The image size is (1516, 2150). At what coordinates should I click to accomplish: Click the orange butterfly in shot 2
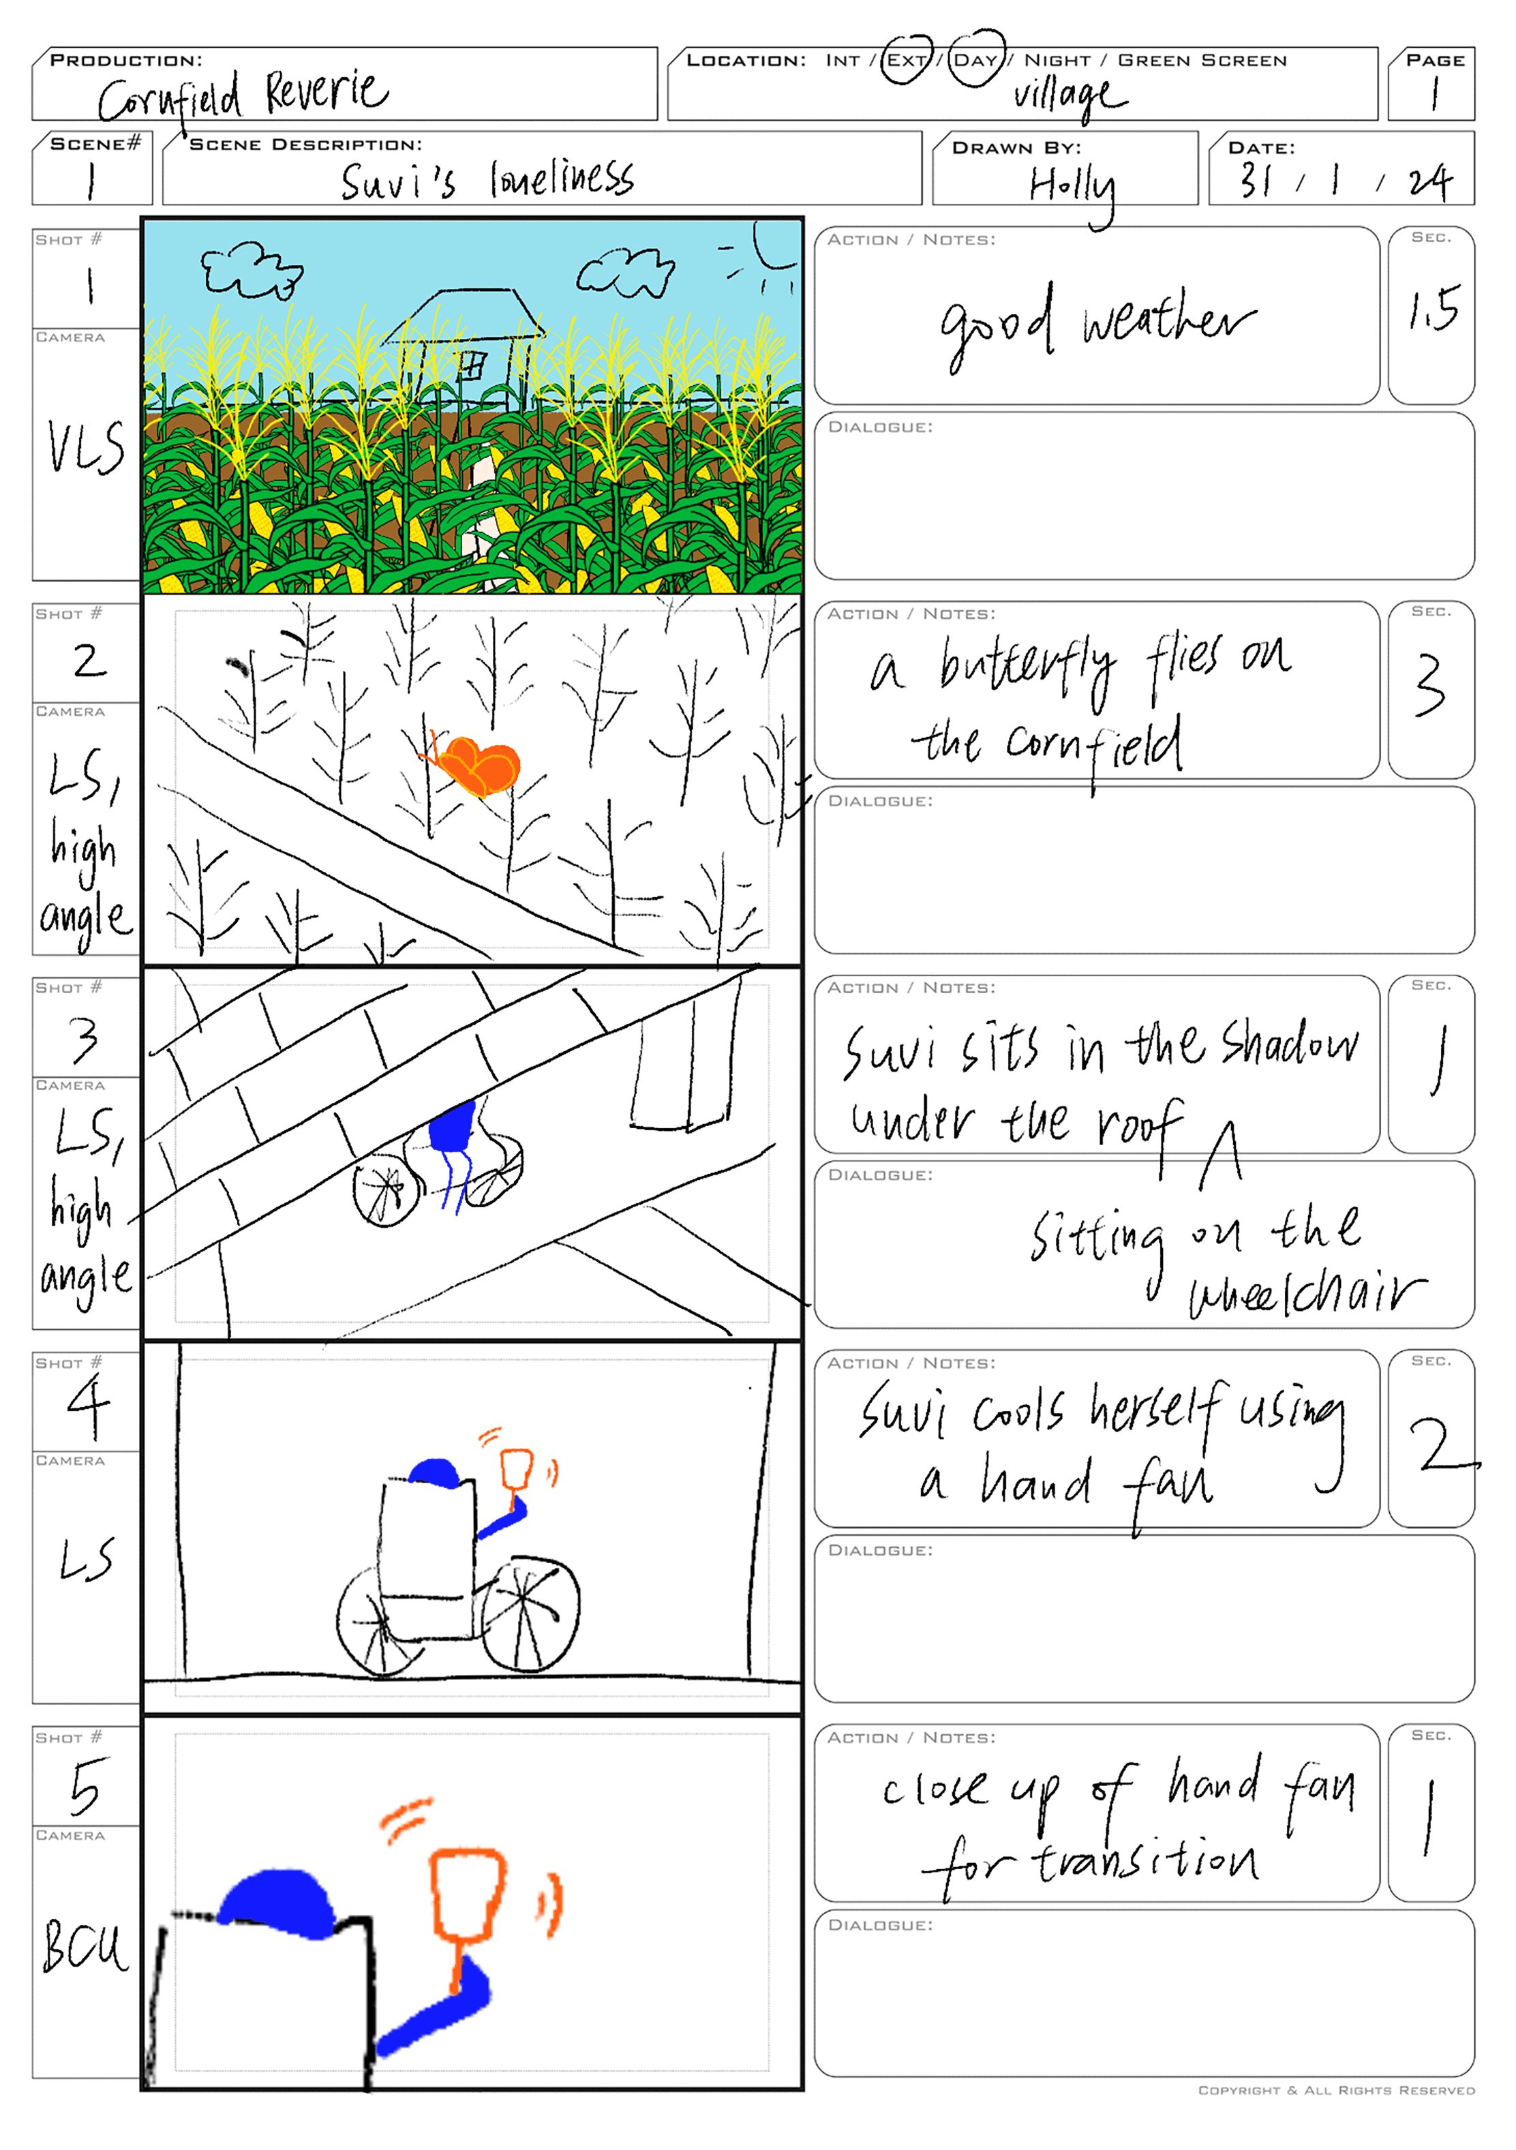tap(476, 763)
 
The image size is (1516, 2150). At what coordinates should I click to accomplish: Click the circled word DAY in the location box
tap(975, 60)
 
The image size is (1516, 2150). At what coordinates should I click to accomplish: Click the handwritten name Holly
tap(1073, 190)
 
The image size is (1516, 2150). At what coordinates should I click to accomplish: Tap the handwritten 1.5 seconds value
tap(1434, 309)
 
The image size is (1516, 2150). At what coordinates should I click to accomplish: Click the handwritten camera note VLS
tap(86, 448)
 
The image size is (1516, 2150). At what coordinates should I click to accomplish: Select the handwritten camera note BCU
tap(85, 1945)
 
